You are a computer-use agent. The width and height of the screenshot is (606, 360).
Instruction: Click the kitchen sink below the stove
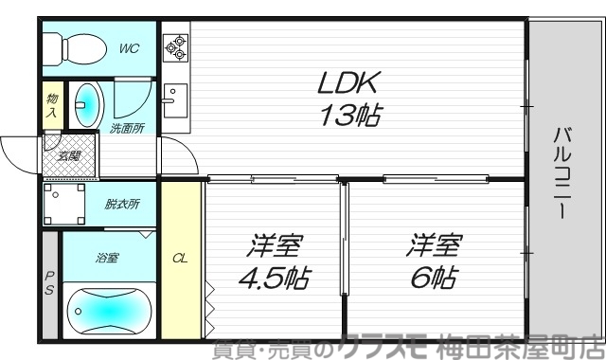coord(173,99)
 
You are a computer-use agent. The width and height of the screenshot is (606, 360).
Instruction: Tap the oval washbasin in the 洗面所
coord(86,103)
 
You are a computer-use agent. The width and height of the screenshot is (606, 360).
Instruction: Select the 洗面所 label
coord(126,128)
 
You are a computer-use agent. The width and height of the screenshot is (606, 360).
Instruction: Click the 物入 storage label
coord(51,105)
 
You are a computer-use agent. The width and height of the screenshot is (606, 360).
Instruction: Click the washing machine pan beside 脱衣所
coord(64,203)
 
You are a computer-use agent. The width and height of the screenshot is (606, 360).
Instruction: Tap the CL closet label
coord(180,256)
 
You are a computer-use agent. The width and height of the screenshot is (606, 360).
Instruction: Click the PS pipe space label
coord(49,284)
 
